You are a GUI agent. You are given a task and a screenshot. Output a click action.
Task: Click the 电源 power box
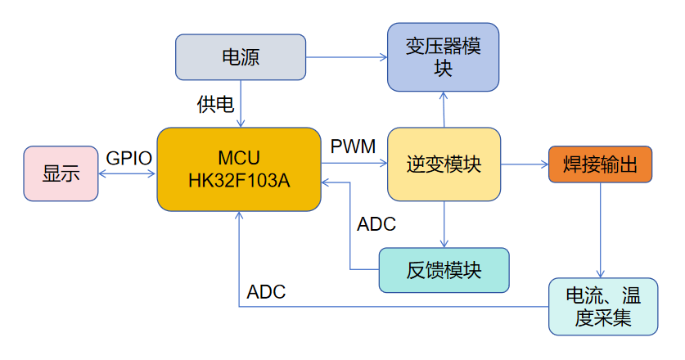point(241,57)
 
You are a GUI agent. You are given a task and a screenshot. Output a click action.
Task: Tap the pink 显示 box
point(61,173)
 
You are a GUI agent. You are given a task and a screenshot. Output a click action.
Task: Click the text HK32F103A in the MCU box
point(238,179)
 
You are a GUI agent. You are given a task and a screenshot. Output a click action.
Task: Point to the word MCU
point(238,157)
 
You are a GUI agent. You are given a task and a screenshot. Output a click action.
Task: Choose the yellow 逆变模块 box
point(443,164)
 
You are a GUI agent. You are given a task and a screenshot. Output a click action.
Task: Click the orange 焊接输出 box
point(600,164)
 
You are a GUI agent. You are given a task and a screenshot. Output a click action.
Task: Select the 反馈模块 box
point(444,269)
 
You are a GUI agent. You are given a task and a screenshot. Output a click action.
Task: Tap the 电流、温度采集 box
point(602,306)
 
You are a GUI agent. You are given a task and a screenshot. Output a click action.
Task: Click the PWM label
point(353,147)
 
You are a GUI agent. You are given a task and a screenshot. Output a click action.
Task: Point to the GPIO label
point(129,158)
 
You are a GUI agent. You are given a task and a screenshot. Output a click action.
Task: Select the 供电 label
point(215,104)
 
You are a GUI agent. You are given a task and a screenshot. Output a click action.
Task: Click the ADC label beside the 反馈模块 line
point(376,224)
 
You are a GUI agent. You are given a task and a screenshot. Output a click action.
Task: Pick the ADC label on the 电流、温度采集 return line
point(266,292)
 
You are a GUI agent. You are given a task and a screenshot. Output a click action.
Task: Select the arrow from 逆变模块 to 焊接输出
point(524,164)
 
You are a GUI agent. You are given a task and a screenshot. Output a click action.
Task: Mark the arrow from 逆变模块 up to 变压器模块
point(444,109)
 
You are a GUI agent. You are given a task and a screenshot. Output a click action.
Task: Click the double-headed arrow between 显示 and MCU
point(128,173)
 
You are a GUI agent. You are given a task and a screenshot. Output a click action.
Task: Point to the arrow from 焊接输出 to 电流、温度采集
point(602,229)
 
